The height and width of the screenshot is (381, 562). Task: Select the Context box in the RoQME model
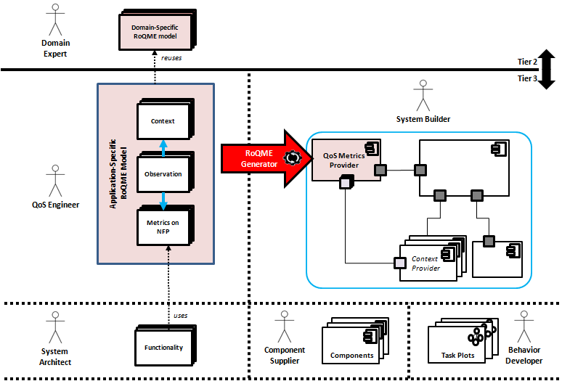(x=166, y=121)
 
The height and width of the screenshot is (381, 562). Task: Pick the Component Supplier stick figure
(x=284, y=326)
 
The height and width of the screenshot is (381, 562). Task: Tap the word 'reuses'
(x=172, y=57)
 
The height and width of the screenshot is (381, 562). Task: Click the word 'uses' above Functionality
(x=181, y=315)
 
